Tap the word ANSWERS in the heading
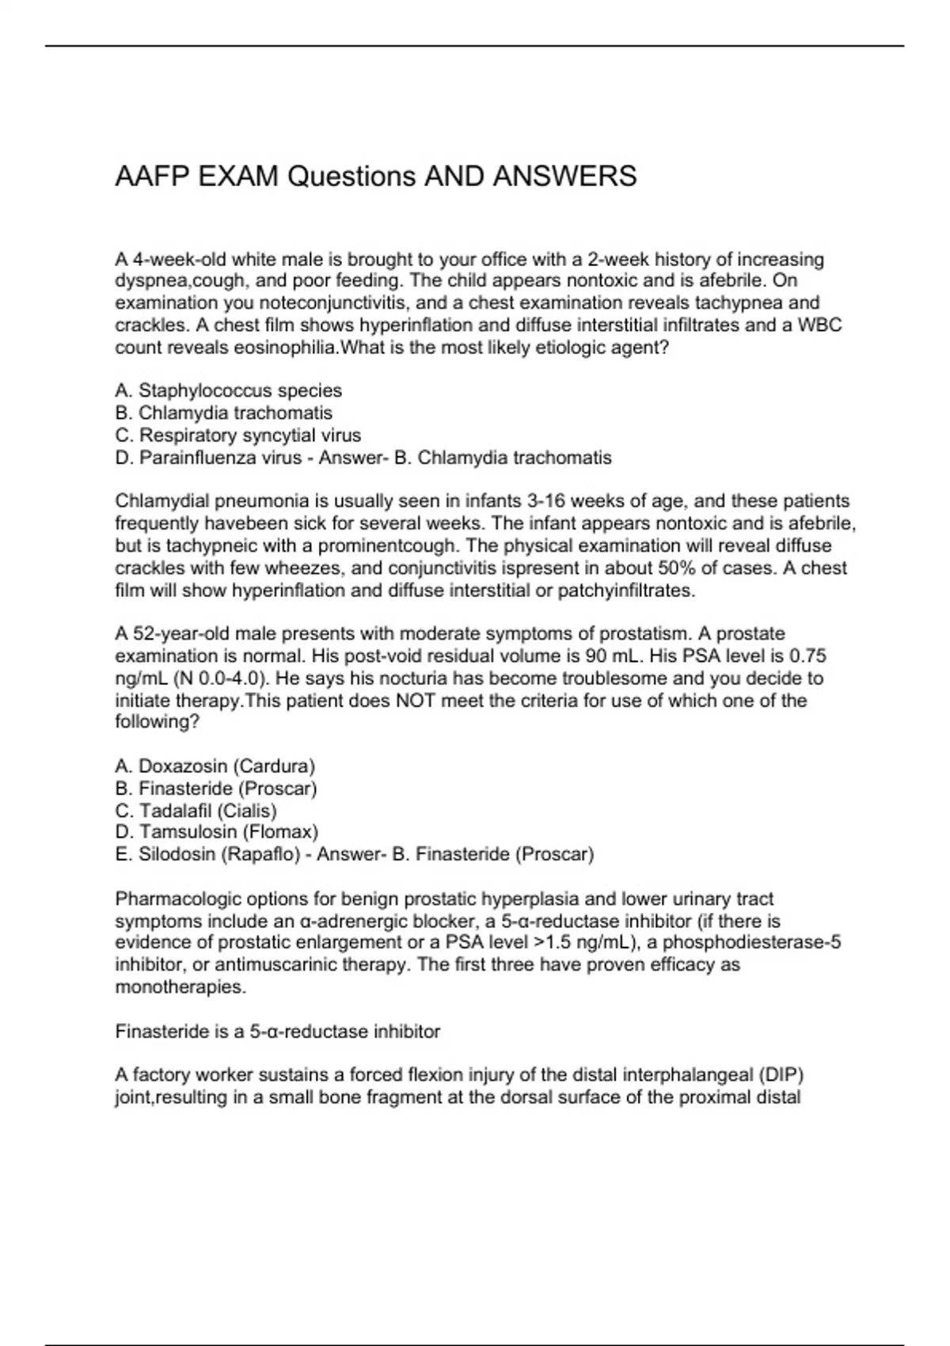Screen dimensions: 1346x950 (564, 176)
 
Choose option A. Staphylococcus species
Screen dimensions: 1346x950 (228, 390)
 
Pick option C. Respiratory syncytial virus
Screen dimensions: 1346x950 (237, 435)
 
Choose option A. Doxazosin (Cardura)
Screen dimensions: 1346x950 (215, 766)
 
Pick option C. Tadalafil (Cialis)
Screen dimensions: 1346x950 (196, 811)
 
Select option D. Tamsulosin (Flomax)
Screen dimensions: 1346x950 (216, 832)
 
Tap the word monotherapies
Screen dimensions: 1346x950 (180, 987)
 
